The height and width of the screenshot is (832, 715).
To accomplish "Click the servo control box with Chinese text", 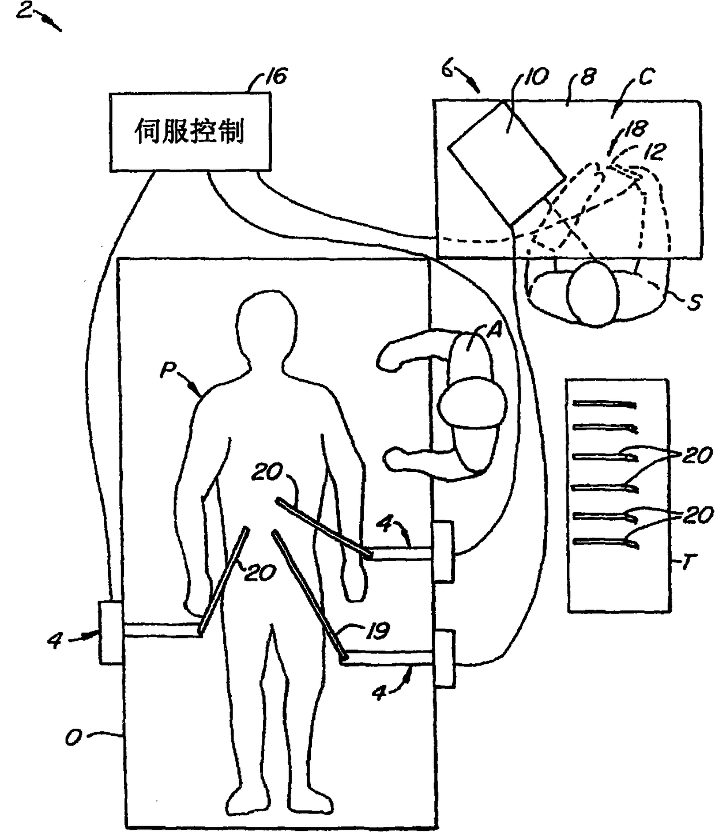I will tap(190, 132).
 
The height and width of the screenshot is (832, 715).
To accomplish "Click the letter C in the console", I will tap(645, 77).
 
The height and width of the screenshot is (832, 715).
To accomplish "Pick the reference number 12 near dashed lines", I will tap(654, 152).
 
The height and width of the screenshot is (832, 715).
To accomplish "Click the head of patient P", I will tap(268, 323).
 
